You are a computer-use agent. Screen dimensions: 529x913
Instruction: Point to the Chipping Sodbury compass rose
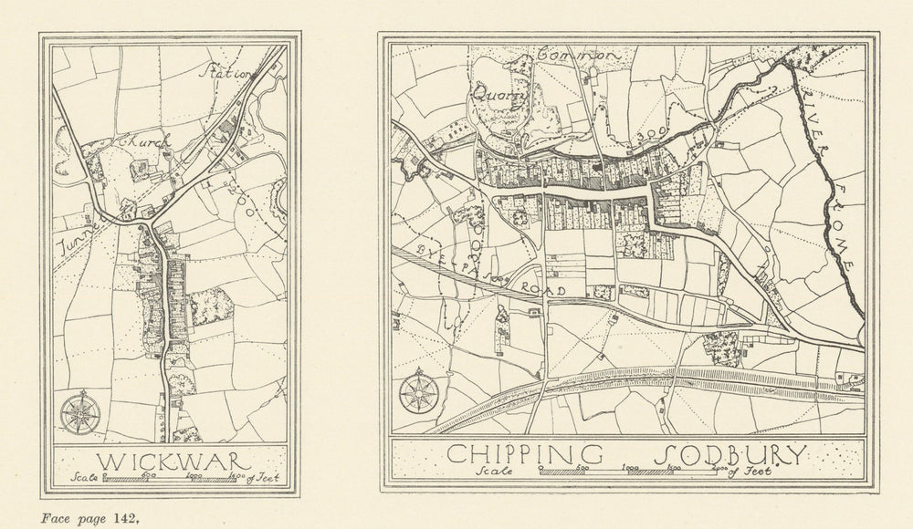(x=417, y=393)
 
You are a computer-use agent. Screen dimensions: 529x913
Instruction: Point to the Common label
(x=580, y=56)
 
